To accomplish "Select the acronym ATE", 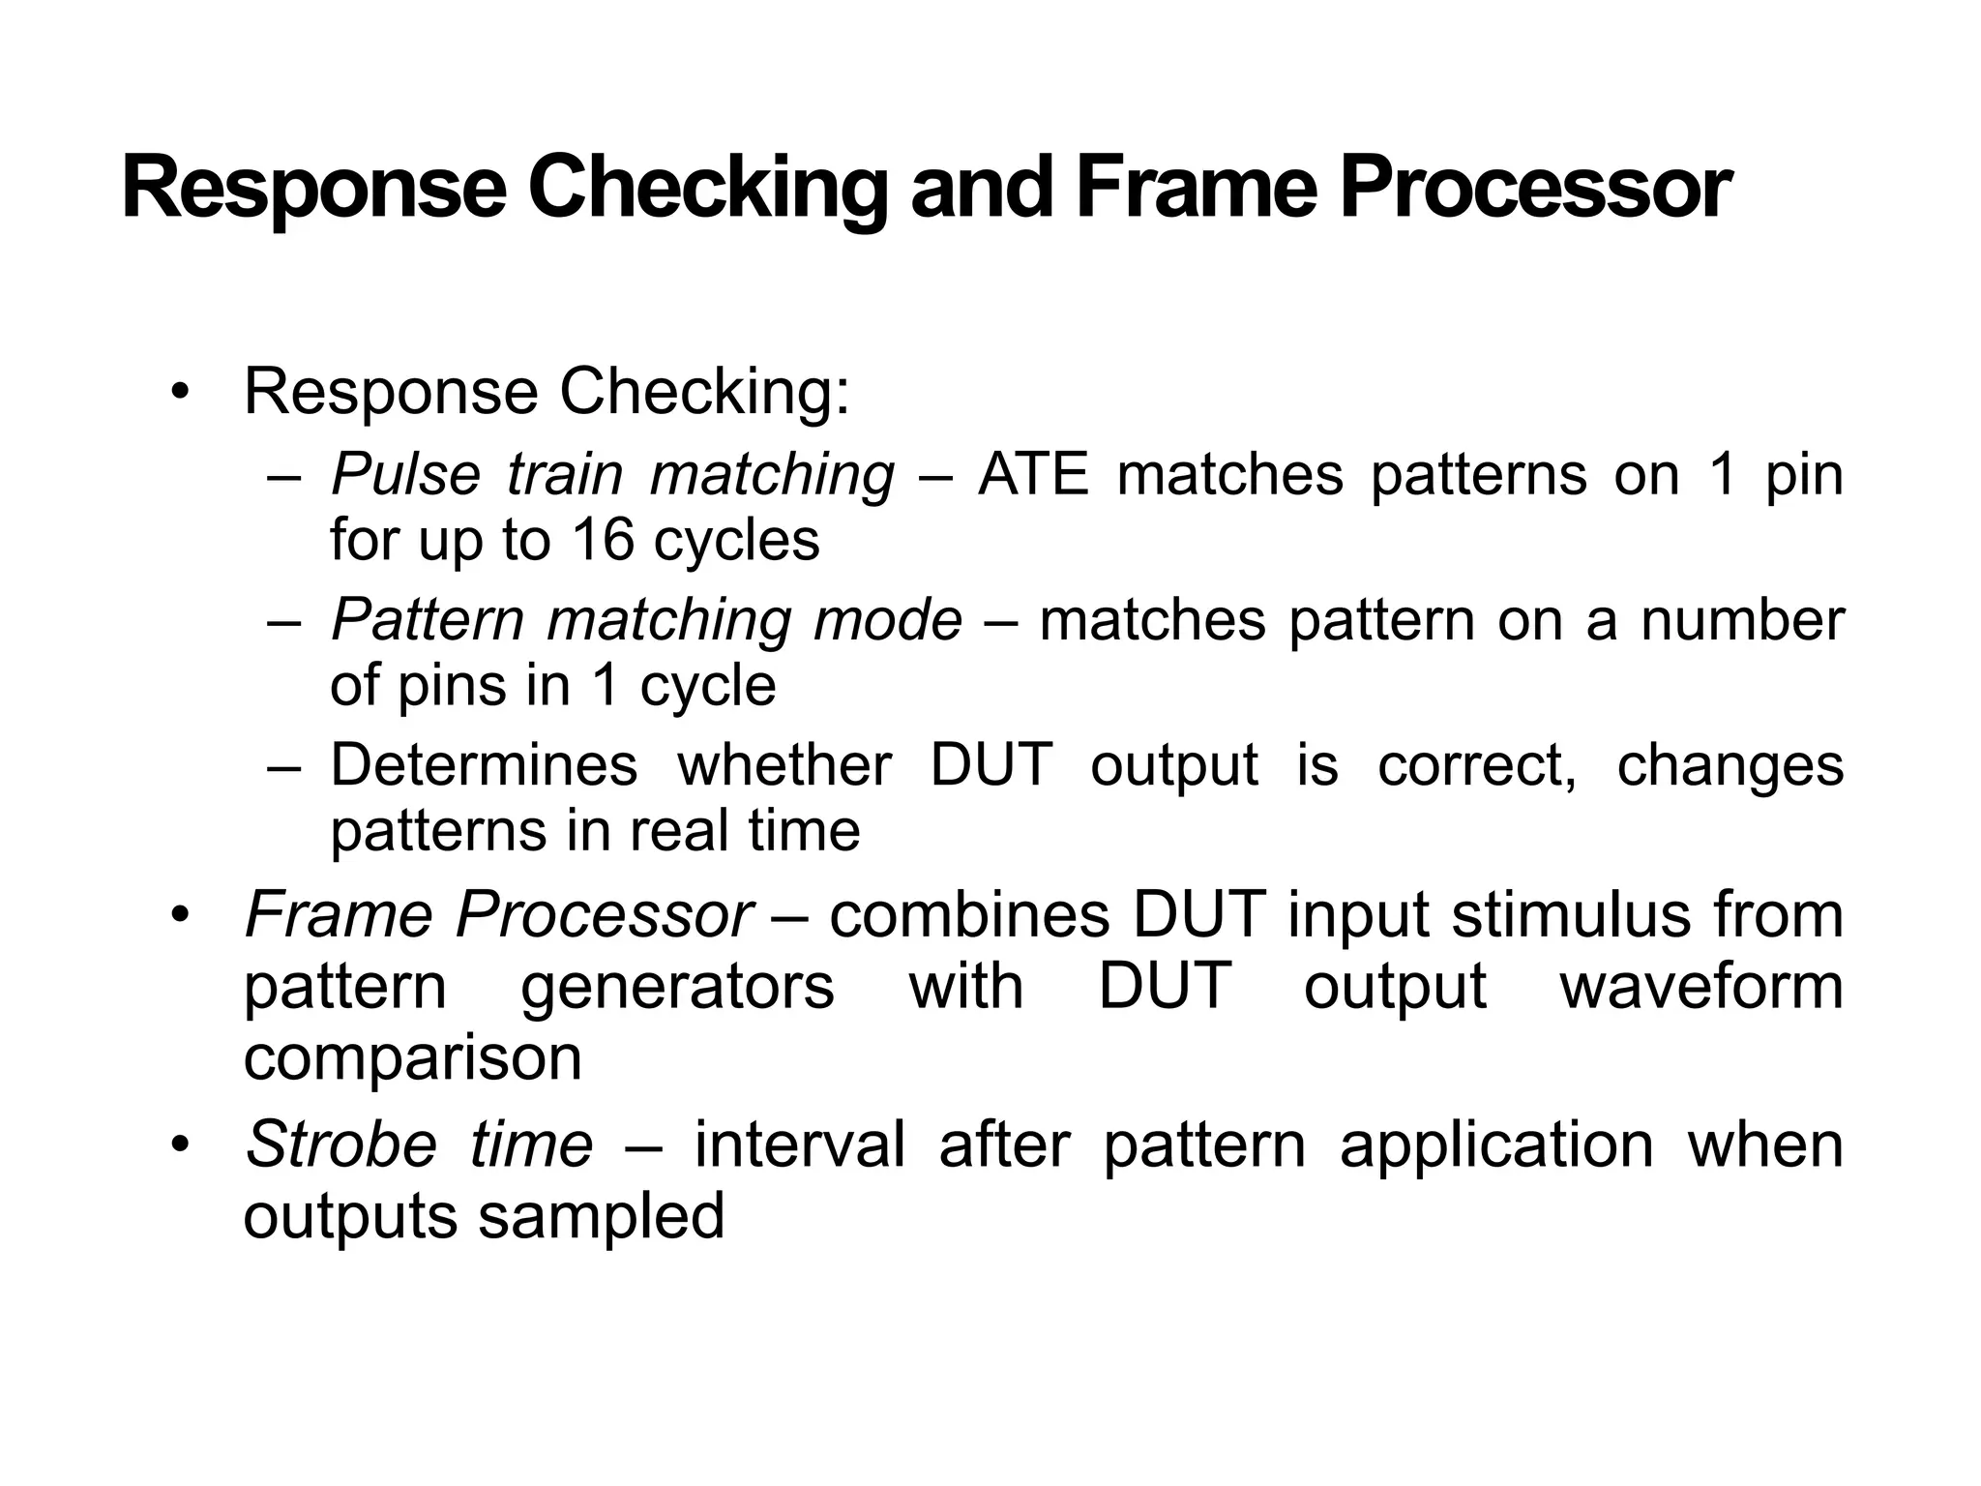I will [x=1033, y=475].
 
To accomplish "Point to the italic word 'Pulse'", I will [x=405, y=475].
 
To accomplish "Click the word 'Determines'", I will [x=484, y=765].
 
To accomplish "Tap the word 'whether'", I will [x=784, y=765].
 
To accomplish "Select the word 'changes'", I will [x=1730, y=765].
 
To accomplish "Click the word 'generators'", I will [x=677, y=987].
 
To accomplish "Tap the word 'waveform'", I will [x=1701, y=987].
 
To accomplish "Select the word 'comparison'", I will [x=413, y=1058].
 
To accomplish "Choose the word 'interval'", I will [x=800, y=1144].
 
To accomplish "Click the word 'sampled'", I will [x=602, y=1216].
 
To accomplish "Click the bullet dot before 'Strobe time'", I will [x=179, y=1146].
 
